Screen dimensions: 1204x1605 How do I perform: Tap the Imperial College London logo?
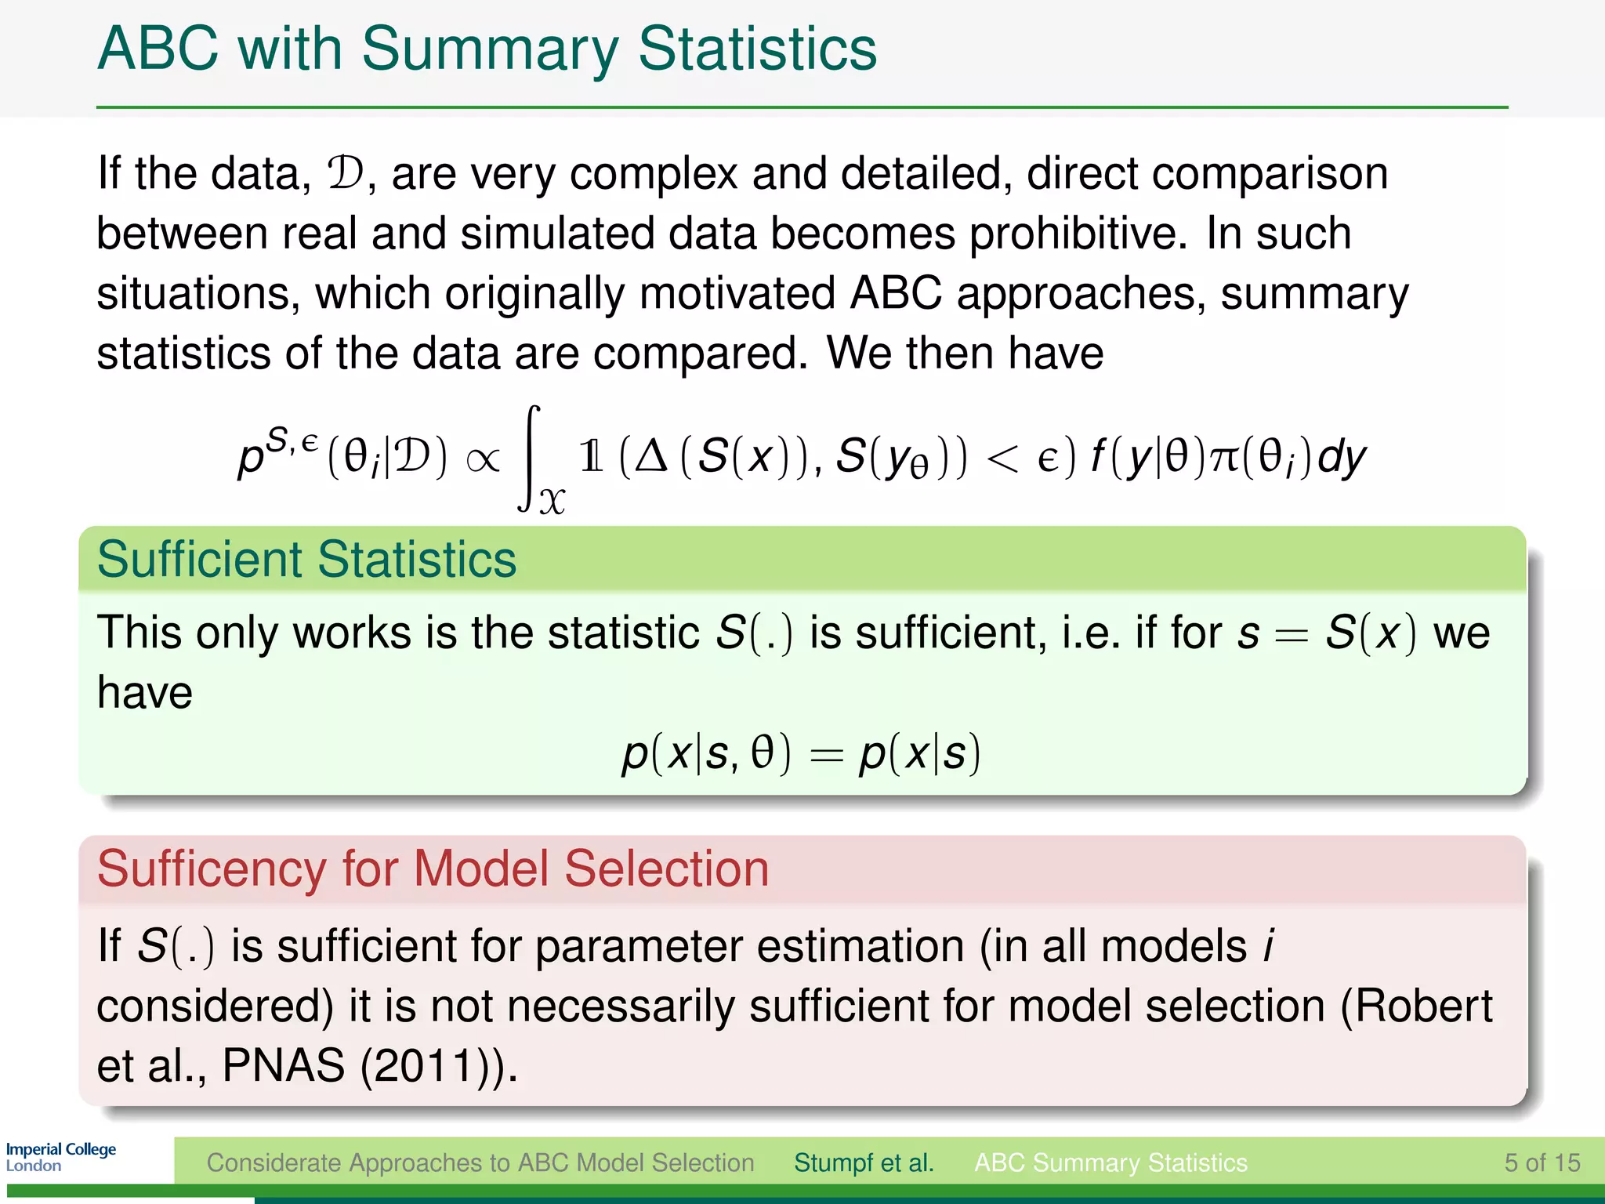[60, 1156]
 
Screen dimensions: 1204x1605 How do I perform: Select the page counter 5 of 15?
[1542, 1162]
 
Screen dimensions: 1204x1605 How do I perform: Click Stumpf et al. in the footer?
[864, 1162]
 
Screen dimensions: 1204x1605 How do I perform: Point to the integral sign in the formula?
[531, 459]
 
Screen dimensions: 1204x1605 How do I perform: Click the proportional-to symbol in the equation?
[482, 459]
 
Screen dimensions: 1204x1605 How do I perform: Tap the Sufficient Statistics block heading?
[306, 560]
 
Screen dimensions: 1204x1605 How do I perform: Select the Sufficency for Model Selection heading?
[433, 869]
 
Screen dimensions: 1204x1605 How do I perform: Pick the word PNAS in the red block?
[283, 1065]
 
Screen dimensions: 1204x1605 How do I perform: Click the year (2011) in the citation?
[427, 1066]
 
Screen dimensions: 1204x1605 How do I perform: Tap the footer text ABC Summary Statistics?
[1110, 1162]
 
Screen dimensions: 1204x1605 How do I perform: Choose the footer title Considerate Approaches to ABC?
[480, 1162]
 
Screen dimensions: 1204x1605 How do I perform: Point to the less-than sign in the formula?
[1003, 459]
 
